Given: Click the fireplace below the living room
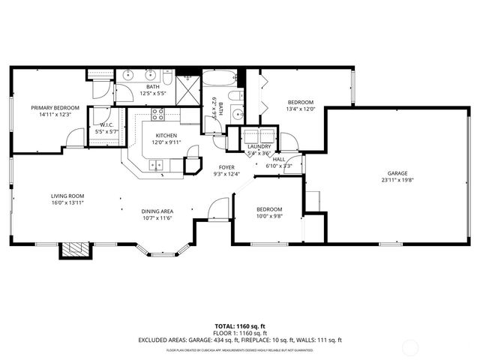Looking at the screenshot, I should pos(73,250).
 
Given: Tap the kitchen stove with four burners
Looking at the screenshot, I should pos(158,115).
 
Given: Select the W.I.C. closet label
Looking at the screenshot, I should pos(105,125).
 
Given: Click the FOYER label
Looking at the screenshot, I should pos(226,167).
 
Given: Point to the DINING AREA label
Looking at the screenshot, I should pos(157,211).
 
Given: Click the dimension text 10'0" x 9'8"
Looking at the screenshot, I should pos(269,215).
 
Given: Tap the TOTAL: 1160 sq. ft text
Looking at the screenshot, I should pos(240,326).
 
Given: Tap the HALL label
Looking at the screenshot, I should pos(279,159).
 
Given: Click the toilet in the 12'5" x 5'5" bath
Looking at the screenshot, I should pos(168,79).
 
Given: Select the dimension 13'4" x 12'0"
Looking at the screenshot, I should pos(300,109).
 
